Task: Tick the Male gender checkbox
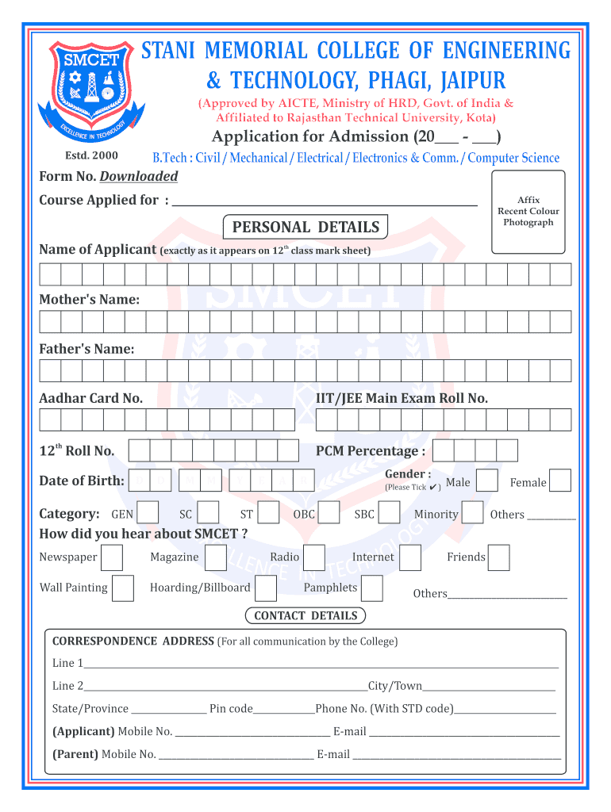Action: (487, 481)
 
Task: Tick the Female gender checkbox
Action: (560, 481)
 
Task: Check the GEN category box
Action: (148, 513)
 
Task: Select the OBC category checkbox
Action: (329, 513)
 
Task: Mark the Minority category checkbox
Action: (472, 513)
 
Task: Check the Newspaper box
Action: (112, 557)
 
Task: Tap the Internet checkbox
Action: (410, 557)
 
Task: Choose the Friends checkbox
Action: (499, 557)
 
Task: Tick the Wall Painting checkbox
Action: (122, 588)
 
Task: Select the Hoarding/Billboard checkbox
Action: (266, 588)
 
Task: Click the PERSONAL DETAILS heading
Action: (305, 228)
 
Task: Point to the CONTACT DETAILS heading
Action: (305, 616)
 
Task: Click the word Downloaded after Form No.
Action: (138, 176)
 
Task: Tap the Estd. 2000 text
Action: (90, 155)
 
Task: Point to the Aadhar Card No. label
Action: (91, 398)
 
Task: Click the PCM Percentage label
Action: (370, 451)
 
